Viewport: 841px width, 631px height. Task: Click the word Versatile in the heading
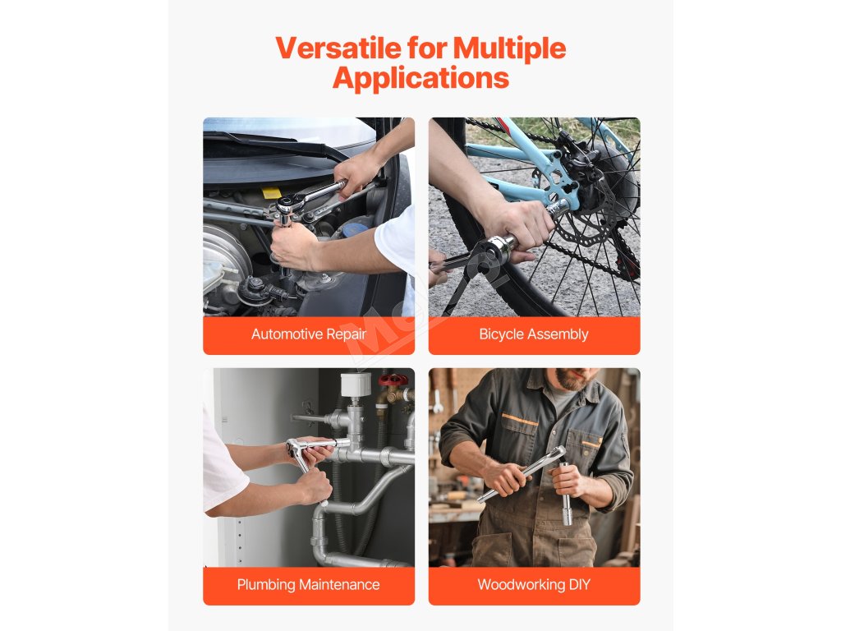coord(338,48)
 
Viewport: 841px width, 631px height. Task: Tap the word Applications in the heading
coord(420,78)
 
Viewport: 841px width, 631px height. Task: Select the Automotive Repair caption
coord(309,334)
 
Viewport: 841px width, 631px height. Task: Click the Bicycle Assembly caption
coord(534,334)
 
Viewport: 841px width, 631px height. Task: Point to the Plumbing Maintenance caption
coord(309,584)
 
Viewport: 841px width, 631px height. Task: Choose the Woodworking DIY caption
coord(534,584)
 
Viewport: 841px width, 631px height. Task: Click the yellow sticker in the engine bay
coord(271,192)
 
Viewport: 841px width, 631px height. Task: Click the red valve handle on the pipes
coord(393,380)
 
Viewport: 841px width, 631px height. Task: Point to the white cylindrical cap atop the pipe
coord(356,385)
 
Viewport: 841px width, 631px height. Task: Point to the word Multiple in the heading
coord(509,48)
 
